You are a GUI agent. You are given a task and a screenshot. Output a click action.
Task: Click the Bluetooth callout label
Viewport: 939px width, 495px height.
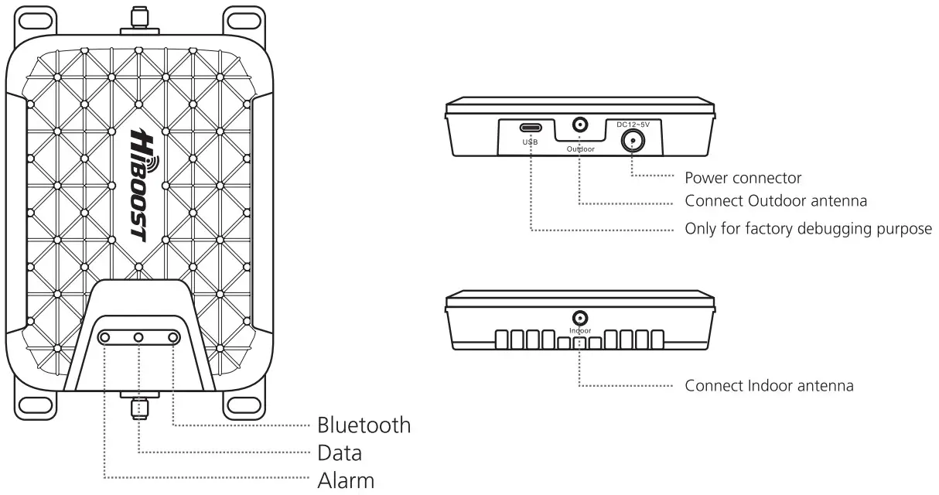[x=364, y=425]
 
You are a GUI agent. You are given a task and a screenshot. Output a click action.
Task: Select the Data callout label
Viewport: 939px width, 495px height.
[x=340, y=452]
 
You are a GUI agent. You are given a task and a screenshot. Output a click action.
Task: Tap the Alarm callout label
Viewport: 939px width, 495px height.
[x=346, y=480]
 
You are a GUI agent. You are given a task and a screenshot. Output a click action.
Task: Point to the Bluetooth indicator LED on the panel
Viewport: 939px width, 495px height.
[x=173, y=337]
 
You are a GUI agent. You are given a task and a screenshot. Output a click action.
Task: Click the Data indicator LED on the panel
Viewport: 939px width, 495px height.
[x=139, y=337]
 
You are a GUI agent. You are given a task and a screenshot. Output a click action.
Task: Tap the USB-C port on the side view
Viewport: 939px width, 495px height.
[x=531, y=128]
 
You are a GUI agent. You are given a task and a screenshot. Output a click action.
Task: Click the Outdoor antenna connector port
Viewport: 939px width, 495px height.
[x=579, y=124]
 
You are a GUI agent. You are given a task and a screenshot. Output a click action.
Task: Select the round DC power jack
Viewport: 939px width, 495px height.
[x=633, y=140]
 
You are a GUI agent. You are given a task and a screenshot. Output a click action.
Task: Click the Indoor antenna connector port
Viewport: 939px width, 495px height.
[x=579, y=318]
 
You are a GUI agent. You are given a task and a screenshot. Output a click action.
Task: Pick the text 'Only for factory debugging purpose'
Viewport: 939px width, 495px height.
[x=808, y=230]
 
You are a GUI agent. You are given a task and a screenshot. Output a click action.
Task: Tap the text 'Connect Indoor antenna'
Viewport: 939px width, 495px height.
[x=769, y=385]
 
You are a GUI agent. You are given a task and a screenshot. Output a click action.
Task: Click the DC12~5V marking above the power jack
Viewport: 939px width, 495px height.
[x=633, y=124]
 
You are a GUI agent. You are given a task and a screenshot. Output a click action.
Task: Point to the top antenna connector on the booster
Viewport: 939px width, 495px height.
[x=138, y=20]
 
